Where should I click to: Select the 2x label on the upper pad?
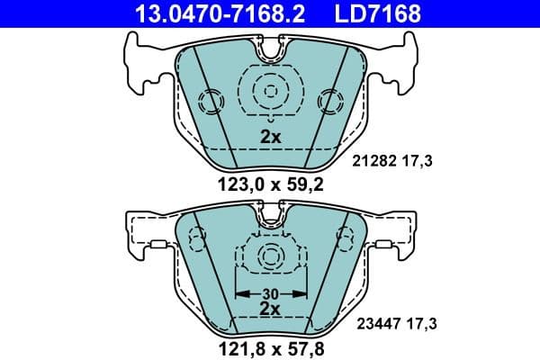pos(271,138)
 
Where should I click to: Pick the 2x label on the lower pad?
pos(271,308)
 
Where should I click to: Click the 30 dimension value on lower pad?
pos(271,292)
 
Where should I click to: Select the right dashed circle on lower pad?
pos(344,238)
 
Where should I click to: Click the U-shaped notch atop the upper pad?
pos(271,52)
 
